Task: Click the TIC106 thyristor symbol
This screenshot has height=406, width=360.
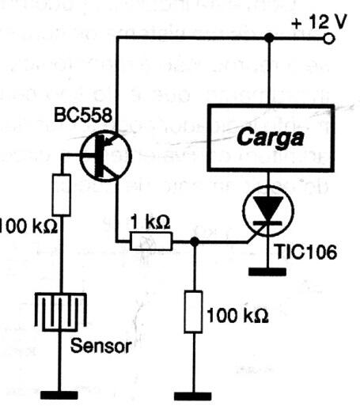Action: pyautogui.click(x=268, y=211)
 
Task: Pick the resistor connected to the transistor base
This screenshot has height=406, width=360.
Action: pyautogui.click(x=62, y=194)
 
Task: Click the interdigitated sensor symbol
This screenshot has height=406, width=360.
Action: pyautogui.click(x=60, y=311)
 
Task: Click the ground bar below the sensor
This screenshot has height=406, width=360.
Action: pyautogui.click(x=60, y=393)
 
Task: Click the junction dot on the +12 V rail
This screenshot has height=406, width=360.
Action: pyautogui.click(x=268, y=37)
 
